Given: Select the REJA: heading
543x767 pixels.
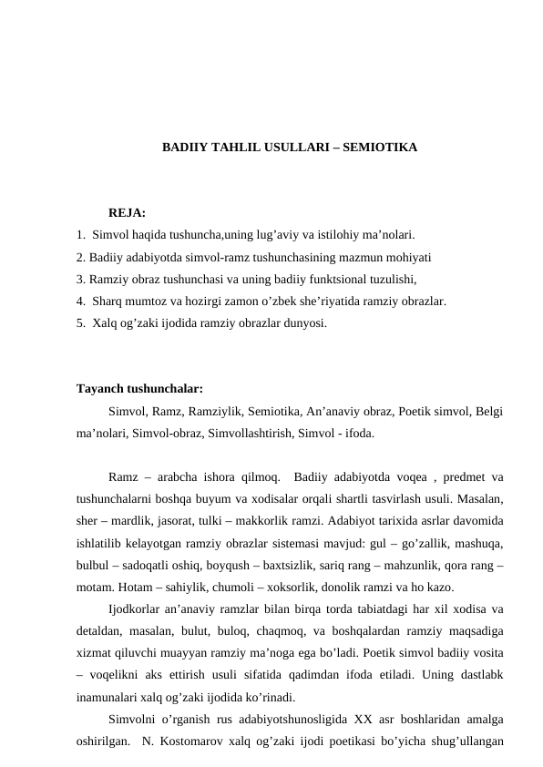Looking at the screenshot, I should [x=127, y=213].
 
